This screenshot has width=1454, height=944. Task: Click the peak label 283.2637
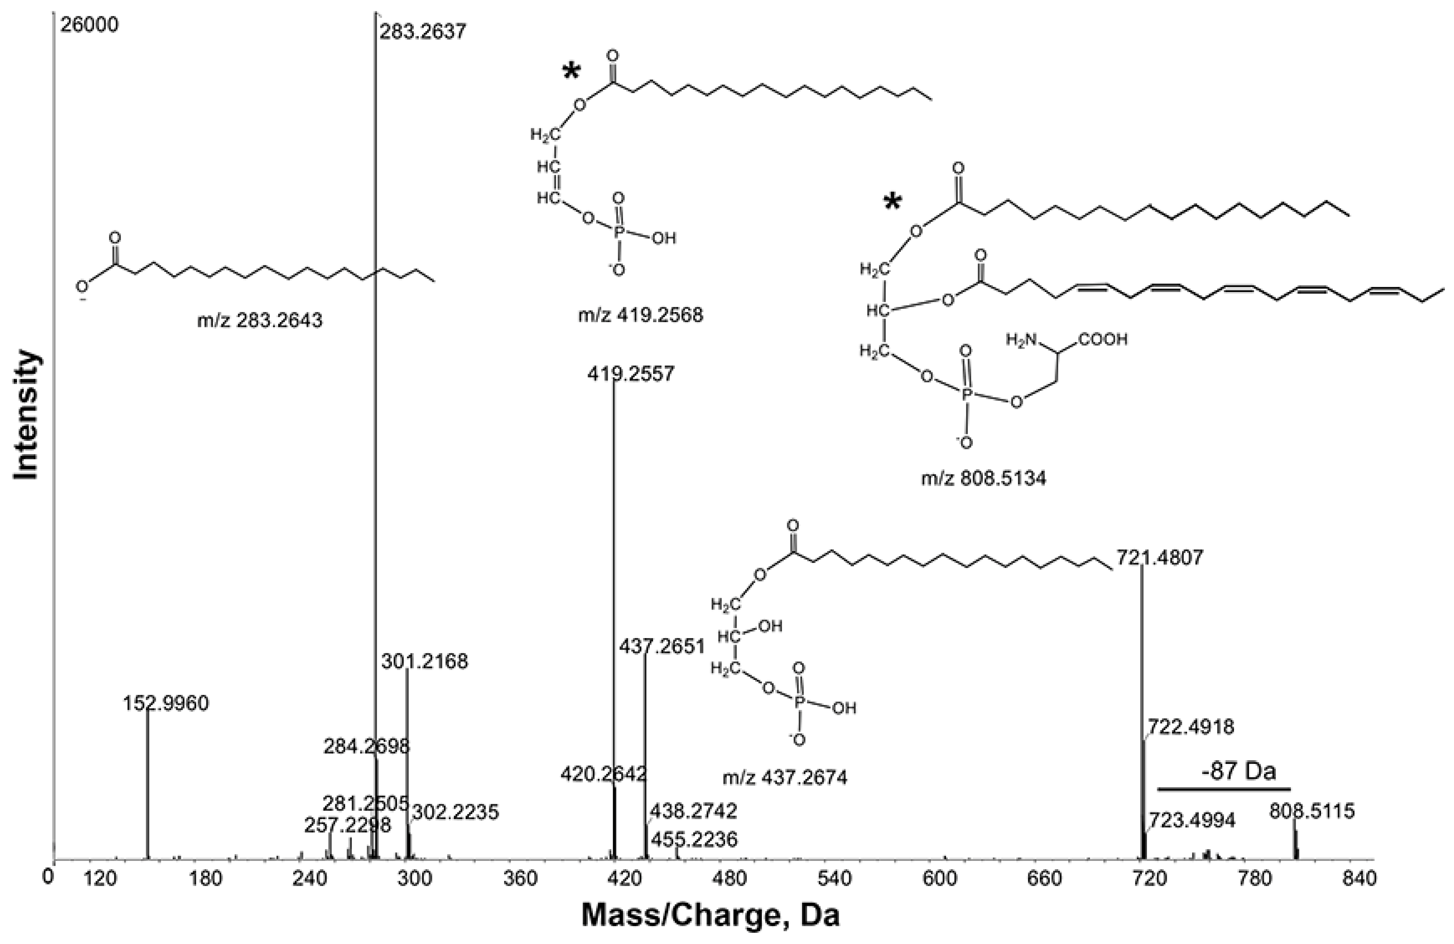pyautogui.click(x=423, y=31)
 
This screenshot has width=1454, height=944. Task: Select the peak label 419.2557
pyautogui.click(x=631, y=373)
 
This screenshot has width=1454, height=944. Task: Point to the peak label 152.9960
pyautogui.click(x=166, y=703)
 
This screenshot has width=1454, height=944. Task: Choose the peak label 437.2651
pyautogui.click(x=662, y=646)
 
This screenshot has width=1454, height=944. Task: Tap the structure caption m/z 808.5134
pyautogui.click(x=984, y=478)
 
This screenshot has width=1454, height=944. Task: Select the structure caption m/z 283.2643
pyautogui.click(x=260, y=320)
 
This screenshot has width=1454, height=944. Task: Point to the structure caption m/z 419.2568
pyautogui.click(x=640, y=315)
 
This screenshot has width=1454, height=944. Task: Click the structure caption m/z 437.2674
pyautogui.click(x=785, y=778)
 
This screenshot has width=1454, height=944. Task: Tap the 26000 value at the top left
pyautogui.click(x=89, y=25)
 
